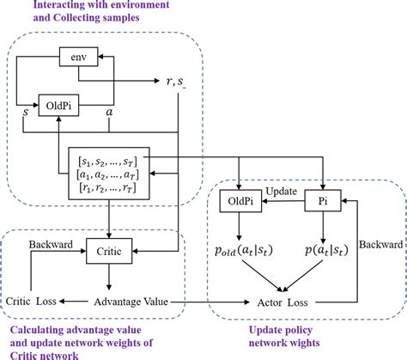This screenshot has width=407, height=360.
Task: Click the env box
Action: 77,57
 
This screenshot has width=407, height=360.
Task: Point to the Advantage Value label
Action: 131,301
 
